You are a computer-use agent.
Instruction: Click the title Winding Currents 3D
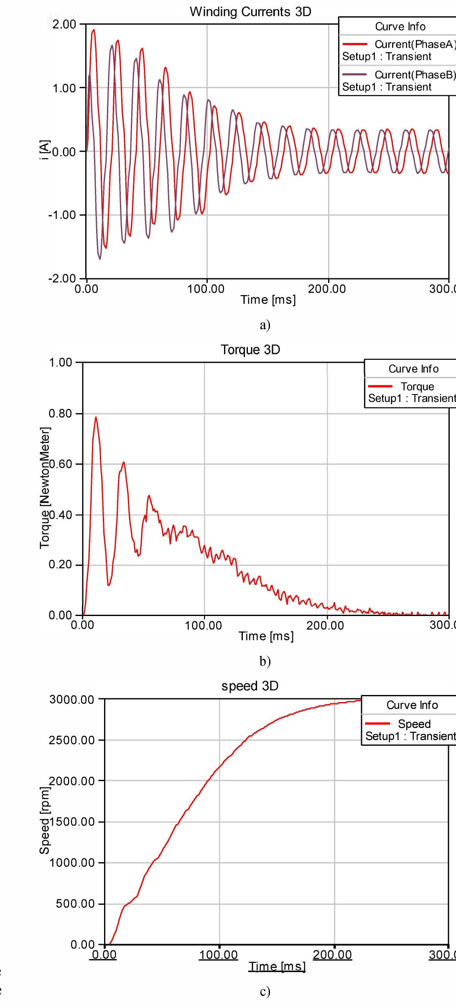click(250, 12)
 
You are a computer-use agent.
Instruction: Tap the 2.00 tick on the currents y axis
click(64, 24)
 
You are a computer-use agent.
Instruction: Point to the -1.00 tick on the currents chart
click(62, 215)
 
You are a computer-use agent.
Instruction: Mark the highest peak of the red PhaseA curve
click(94, 30)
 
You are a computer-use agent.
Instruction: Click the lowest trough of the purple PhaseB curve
click(100, 259)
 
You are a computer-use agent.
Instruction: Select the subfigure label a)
click(265, 325)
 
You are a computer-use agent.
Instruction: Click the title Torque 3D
click(250, 350)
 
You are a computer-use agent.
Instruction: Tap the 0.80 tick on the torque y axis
click(61, 414)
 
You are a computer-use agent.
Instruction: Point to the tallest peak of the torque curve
click(96, 417)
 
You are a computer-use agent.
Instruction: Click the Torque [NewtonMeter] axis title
click(45, 488)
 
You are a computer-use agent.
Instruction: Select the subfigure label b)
click(265, 661)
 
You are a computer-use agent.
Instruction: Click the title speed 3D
click(250, 686)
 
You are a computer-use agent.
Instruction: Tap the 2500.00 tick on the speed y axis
click(72, 740)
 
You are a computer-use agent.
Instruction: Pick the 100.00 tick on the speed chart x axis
click(219, 955)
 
